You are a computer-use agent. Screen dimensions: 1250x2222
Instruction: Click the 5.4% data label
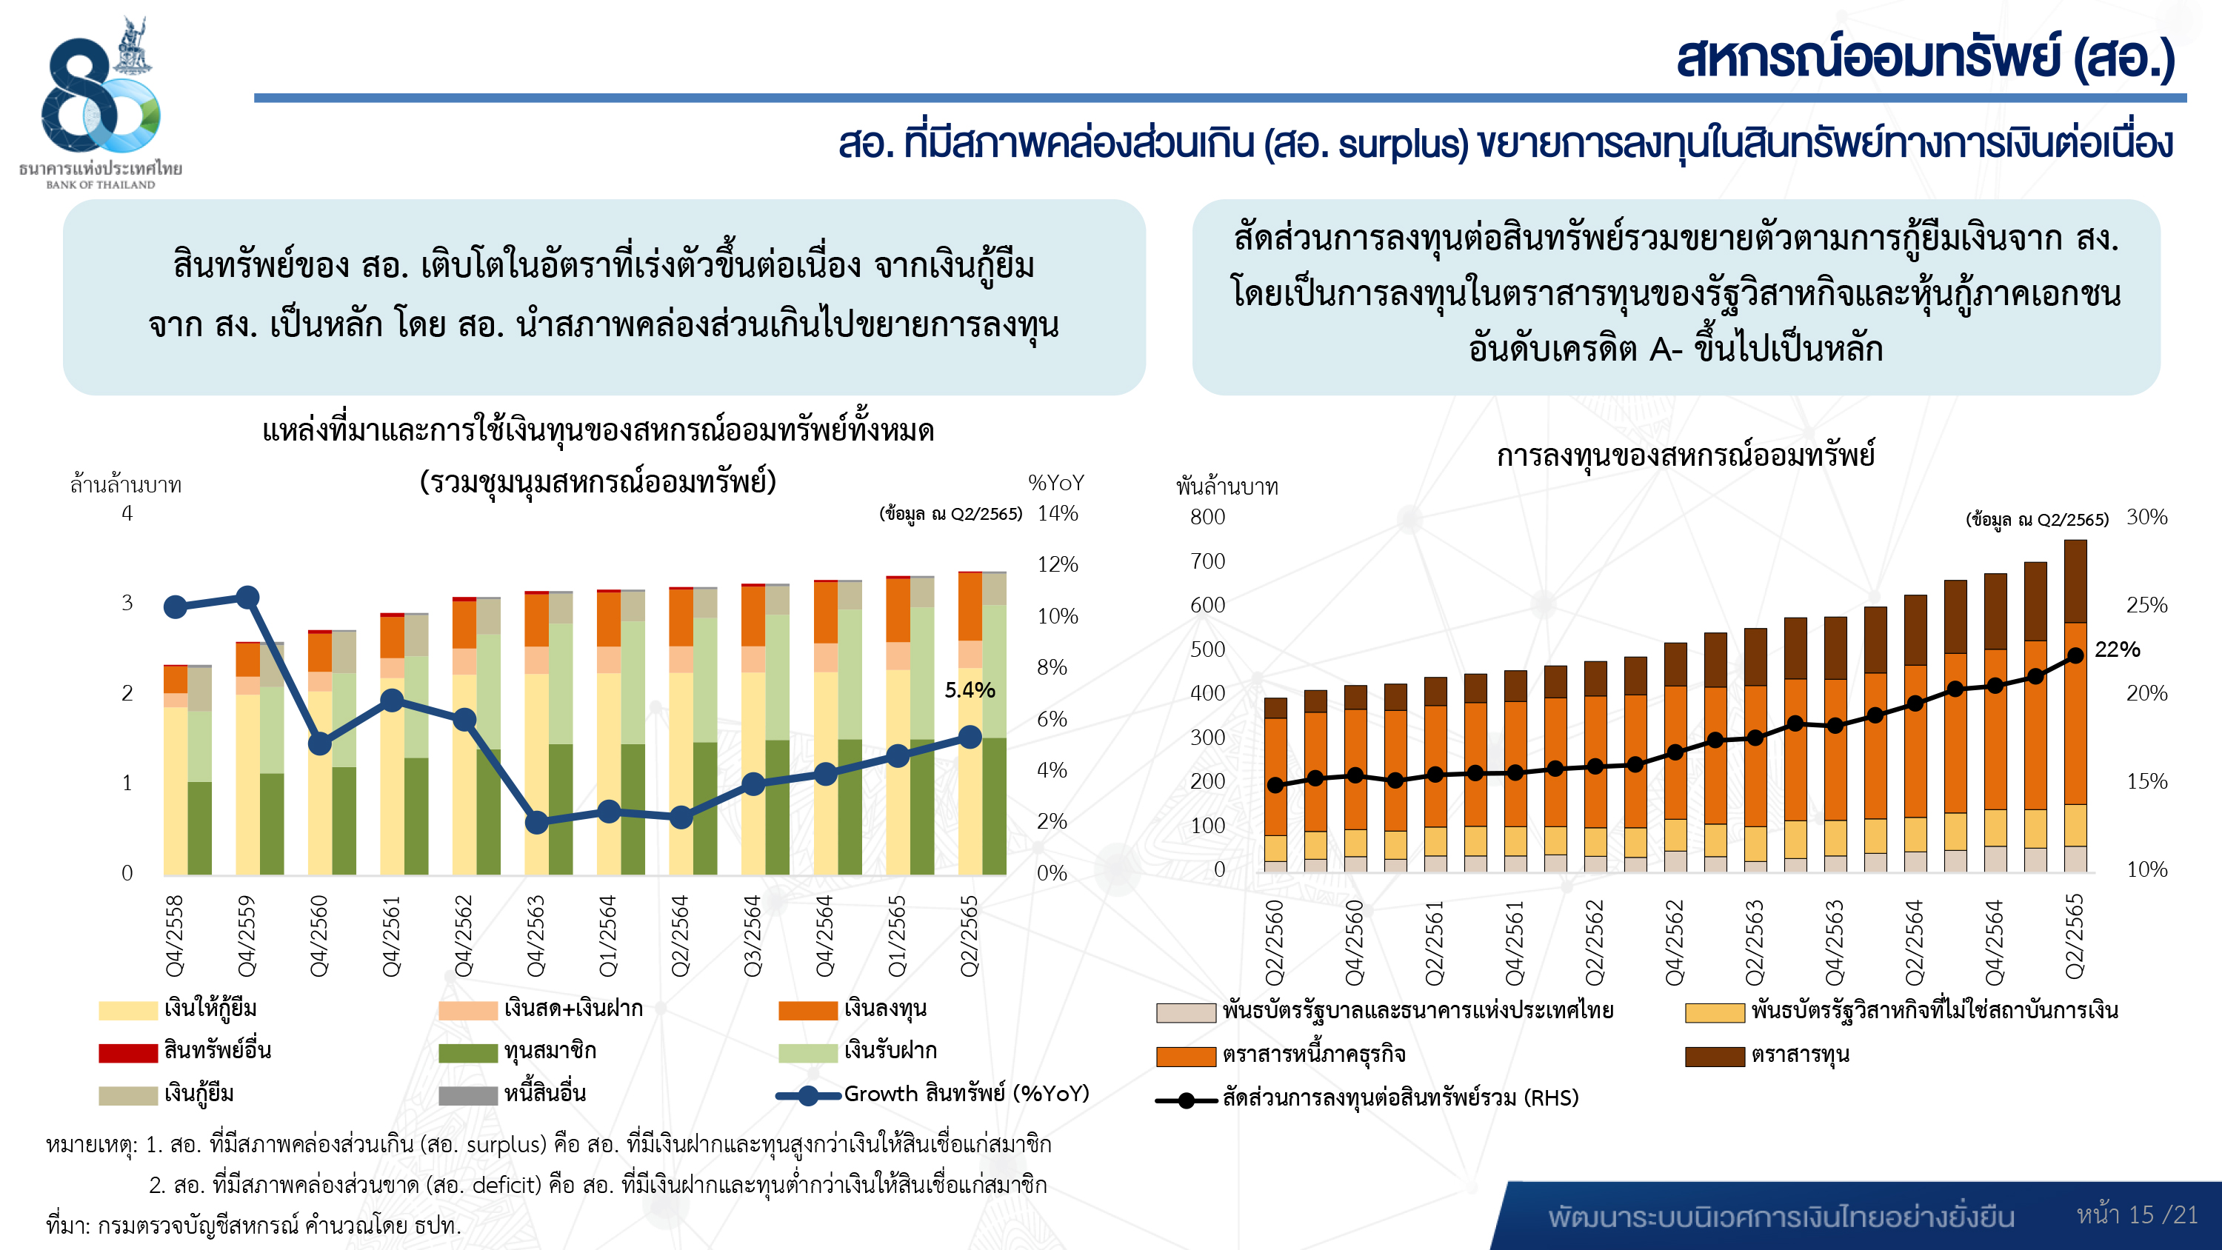point(970,690)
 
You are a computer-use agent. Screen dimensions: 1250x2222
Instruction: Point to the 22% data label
point(2117,649)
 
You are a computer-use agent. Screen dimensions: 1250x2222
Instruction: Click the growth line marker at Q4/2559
point(247,597)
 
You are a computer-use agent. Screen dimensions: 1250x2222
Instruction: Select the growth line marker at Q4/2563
point(536,822)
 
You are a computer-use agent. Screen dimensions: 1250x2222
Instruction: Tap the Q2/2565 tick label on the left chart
point(970,936)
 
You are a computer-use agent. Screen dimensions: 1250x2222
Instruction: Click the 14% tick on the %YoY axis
point(1058,513)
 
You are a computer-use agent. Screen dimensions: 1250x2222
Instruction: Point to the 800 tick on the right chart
point(1207,517)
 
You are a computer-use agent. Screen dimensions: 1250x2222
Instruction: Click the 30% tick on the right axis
point(2146,517)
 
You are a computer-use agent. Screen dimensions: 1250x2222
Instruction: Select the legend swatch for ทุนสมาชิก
point(467,1052)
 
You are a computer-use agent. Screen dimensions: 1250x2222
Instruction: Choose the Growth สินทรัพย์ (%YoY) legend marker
point(808,1095)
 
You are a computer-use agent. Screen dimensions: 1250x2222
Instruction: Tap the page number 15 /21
point(2137,1214)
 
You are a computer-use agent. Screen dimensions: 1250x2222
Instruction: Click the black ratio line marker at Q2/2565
point(2075,655)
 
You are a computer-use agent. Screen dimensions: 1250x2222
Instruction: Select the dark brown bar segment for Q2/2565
point(2075,581)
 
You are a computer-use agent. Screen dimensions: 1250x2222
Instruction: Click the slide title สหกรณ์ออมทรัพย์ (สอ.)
point(1924,59)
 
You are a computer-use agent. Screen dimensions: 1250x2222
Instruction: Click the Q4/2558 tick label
point(175,936)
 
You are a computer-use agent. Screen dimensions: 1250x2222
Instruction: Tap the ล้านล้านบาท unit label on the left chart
point(126,485)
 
